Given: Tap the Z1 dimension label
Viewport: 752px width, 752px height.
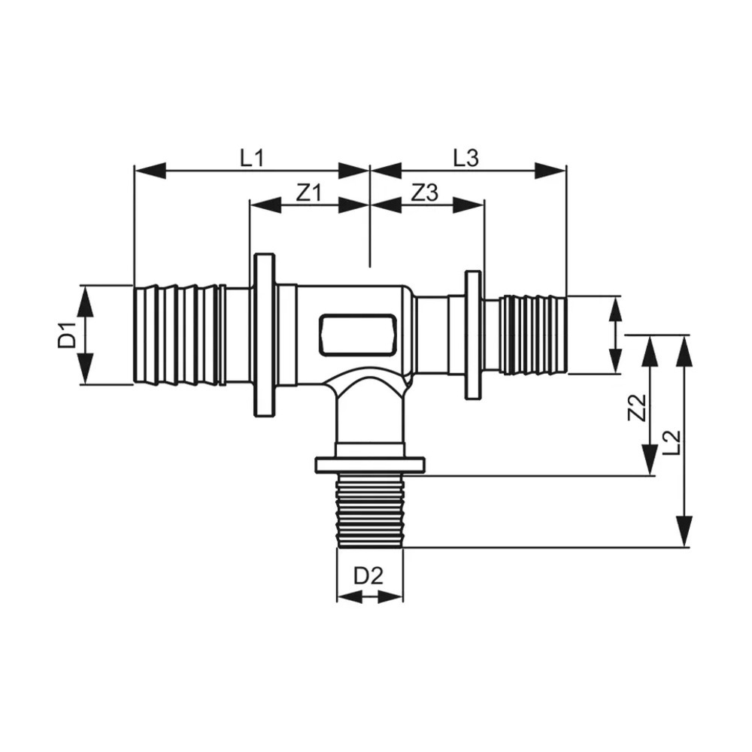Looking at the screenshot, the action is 308,193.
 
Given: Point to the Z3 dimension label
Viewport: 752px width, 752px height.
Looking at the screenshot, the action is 425,193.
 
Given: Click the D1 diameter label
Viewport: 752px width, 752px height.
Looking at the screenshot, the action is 67,335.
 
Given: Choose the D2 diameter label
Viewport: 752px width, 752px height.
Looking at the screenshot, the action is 368,576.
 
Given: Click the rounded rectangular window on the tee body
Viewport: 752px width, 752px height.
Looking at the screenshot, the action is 358,335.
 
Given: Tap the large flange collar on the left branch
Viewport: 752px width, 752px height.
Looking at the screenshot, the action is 264,335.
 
